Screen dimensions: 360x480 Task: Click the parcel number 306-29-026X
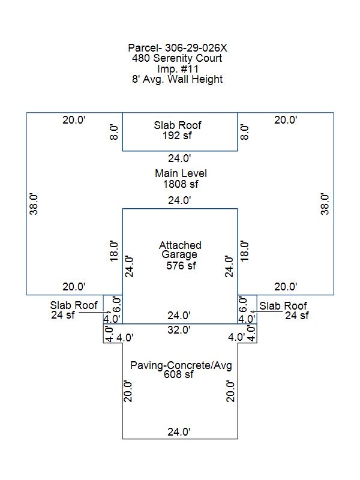pyautogui.click(x=196, y=48)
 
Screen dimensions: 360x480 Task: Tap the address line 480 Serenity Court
pyautogui.click(x=177, y=58)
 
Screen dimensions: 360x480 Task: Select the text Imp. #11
pyautogui.click(x=178, y=68)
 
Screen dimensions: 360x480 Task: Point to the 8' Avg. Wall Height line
pyautogui.click(x=177, y=79)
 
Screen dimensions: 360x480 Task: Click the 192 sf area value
pyautogui.click(x=177, y=136)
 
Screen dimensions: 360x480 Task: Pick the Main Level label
pyautogui.click(x=181, y=173)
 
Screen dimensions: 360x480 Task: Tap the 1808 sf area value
pyautogui.click(x=181, y=184)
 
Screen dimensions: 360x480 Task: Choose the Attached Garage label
pyautogui.click(x=180, y=250)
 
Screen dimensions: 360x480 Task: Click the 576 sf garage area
pyautogui.click(x=181, y=265)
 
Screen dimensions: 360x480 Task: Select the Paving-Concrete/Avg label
pyautogui.click(x=181, y=365)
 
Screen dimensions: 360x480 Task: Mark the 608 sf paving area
pyautogui.click(x=178, y=374)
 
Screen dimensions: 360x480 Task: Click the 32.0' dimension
pyautogui.click(x=179, y=329)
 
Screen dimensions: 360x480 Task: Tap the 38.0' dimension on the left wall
pyautogui.click(x=34, y=204)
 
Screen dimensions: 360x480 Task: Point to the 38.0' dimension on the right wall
pyautogui.click(x=325, y=204)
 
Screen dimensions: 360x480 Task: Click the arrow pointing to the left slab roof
pyautogui.click(x=95, y=312)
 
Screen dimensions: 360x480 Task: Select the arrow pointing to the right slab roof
pyautogui.click(x=266, y=311)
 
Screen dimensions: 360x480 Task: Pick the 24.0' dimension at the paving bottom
pyautogui.click(x=179, y=431)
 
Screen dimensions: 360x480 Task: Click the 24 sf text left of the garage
pyautogui.click(x=63, y=314)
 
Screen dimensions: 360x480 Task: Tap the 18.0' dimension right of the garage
pyautogui.click(x=244, y=251)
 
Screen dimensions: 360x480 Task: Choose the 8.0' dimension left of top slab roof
pyautogui.click(x=114, y=132)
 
